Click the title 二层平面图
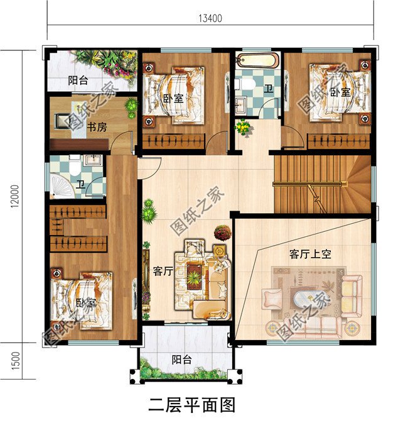(x=191, y=405)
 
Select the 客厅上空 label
(x=310, y=255)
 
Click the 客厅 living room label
(x=163, y=272)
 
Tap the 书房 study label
(x=96, y=128)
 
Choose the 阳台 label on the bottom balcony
(x=183, y=360)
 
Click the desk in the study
(x=68, y=120)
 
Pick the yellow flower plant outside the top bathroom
(x=242, y=128)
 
